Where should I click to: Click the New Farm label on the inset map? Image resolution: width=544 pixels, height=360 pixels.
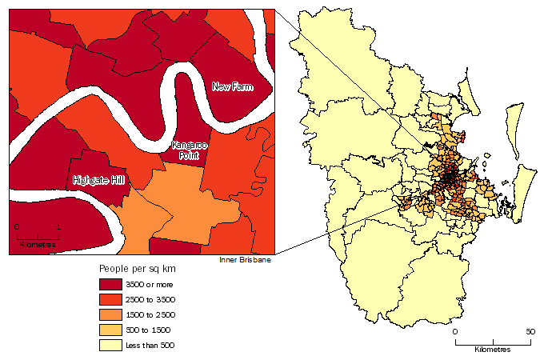tap(232, 86)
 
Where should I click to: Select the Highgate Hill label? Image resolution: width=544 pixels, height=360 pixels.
tap(98, 179)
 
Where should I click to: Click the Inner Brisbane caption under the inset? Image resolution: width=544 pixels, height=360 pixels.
tap(245, 261)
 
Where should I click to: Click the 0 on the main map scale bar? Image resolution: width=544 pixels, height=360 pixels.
tap(454, 331)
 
